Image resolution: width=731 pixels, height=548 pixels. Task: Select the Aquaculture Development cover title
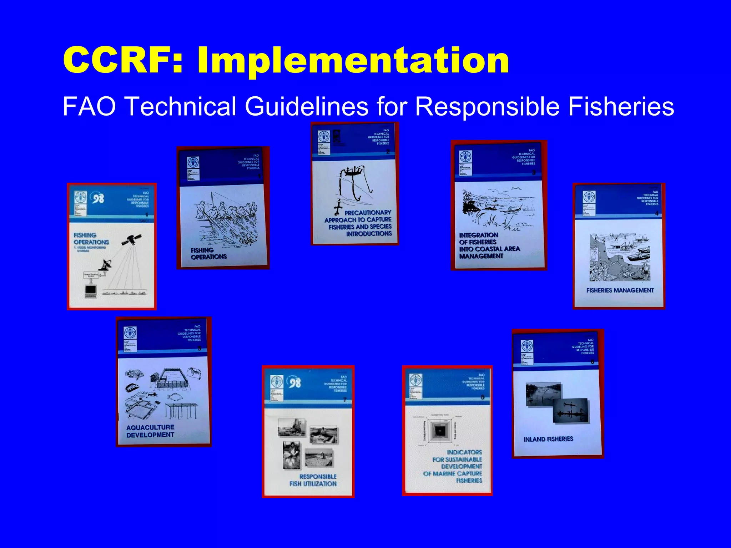[x=150, y=431]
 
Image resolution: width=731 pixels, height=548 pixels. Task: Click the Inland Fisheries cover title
[x=548, y=439]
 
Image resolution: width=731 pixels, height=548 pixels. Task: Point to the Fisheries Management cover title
[x=620, y=290]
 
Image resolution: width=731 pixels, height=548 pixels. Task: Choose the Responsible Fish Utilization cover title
[x=313, y=480]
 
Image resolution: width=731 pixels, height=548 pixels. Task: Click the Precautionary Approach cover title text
[x=358, y=223]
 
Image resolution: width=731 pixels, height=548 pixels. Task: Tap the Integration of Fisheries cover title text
[x=489, y=245]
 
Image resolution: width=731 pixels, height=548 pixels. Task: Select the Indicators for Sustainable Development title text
[x=453, y=466]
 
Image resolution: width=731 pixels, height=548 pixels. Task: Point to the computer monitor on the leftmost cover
[x=91, y=291]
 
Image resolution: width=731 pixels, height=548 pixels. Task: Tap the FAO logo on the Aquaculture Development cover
[x=130, y=333]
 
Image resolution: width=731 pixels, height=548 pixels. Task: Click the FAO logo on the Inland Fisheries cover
[x=527, y=345]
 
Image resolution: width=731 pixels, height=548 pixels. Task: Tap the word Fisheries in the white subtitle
[x=621, y=106]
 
